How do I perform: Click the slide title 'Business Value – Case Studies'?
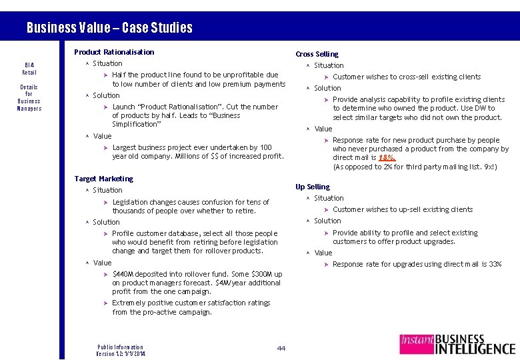[x=109, y=28]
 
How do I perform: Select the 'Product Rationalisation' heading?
[x=114, y=52]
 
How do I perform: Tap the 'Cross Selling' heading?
[x=317, y=54]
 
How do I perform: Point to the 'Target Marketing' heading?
[x=104, y=179]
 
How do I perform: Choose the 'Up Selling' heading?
[x=313, y=187]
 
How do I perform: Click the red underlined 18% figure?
[x=387, y=158]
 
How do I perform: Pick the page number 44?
[x=281, y=348]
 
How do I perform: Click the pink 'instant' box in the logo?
[x=417, y=344]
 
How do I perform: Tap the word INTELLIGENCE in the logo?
[x=475, y=349]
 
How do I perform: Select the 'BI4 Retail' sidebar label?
[x=29, y=68]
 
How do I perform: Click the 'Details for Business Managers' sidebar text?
[x=29, y=97]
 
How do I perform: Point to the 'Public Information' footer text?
[x=120, y=347]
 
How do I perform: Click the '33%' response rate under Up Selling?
[x=494, y=265]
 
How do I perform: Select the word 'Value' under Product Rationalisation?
[x=103, y=136]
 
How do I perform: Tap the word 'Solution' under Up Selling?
[x=327, y=221]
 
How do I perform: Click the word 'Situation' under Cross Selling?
[x=329, y=65]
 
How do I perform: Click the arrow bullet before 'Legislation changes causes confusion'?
[x=106, y=202]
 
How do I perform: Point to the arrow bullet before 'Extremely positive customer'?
[x=106, y=303]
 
